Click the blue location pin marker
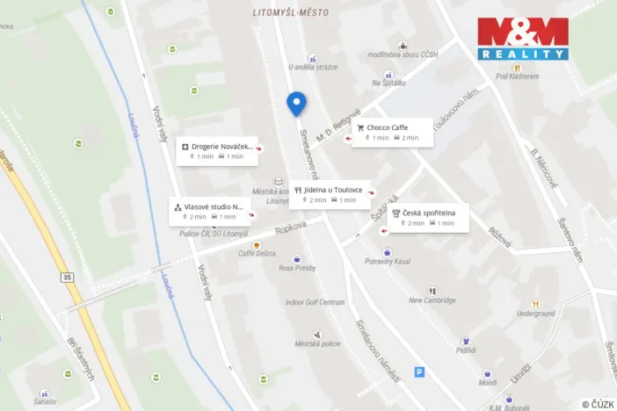pos(297,103)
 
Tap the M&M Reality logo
pos(523,38)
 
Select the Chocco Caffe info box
pos(392,132)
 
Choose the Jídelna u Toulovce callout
pos(330,194)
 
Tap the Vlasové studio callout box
pos(209,211)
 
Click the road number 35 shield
pos(68,278)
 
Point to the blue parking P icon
pos(419,372)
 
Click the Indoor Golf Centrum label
pos(314,302)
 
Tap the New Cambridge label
pos(432,300)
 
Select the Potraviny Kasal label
pos(388,262)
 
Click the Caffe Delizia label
pos(258,253)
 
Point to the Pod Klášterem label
pos(517,76)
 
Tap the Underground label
pos(535,314)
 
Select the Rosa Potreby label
pos(298,270)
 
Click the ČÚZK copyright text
pos(598,403)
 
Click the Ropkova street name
pos(290,227)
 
